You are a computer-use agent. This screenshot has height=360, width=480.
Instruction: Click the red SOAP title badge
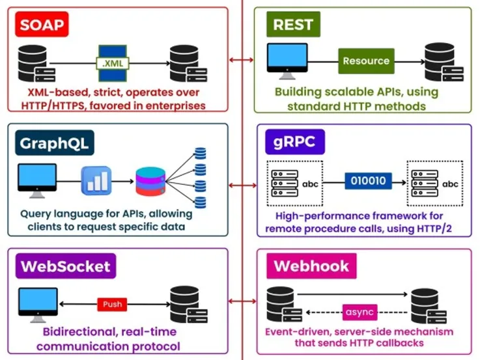42,24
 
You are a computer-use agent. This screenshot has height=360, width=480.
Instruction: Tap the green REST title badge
293,24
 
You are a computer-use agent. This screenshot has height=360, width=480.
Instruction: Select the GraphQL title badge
55,143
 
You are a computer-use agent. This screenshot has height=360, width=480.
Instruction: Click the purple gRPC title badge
295,142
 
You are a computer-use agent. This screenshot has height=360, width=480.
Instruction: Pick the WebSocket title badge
66,266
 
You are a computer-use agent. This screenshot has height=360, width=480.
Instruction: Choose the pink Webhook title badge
311,266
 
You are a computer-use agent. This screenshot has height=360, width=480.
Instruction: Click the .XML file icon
113,63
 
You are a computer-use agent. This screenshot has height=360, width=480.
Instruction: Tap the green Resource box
366,61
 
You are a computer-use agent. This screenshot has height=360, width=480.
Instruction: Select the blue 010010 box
368,181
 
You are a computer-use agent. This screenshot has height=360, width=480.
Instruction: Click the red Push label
112,304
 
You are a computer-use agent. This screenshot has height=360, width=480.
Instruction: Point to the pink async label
360,312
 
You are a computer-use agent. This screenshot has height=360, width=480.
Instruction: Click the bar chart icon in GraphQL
96,181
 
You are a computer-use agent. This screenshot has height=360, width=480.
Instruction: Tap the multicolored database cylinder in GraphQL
150,182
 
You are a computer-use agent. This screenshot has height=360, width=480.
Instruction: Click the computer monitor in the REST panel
287,61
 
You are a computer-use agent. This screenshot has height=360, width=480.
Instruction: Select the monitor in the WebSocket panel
38,305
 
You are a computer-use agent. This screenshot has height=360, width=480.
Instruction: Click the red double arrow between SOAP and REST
242,60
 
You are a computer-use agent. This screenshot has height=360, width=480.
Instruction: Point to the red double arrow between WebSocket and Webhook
242,301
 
